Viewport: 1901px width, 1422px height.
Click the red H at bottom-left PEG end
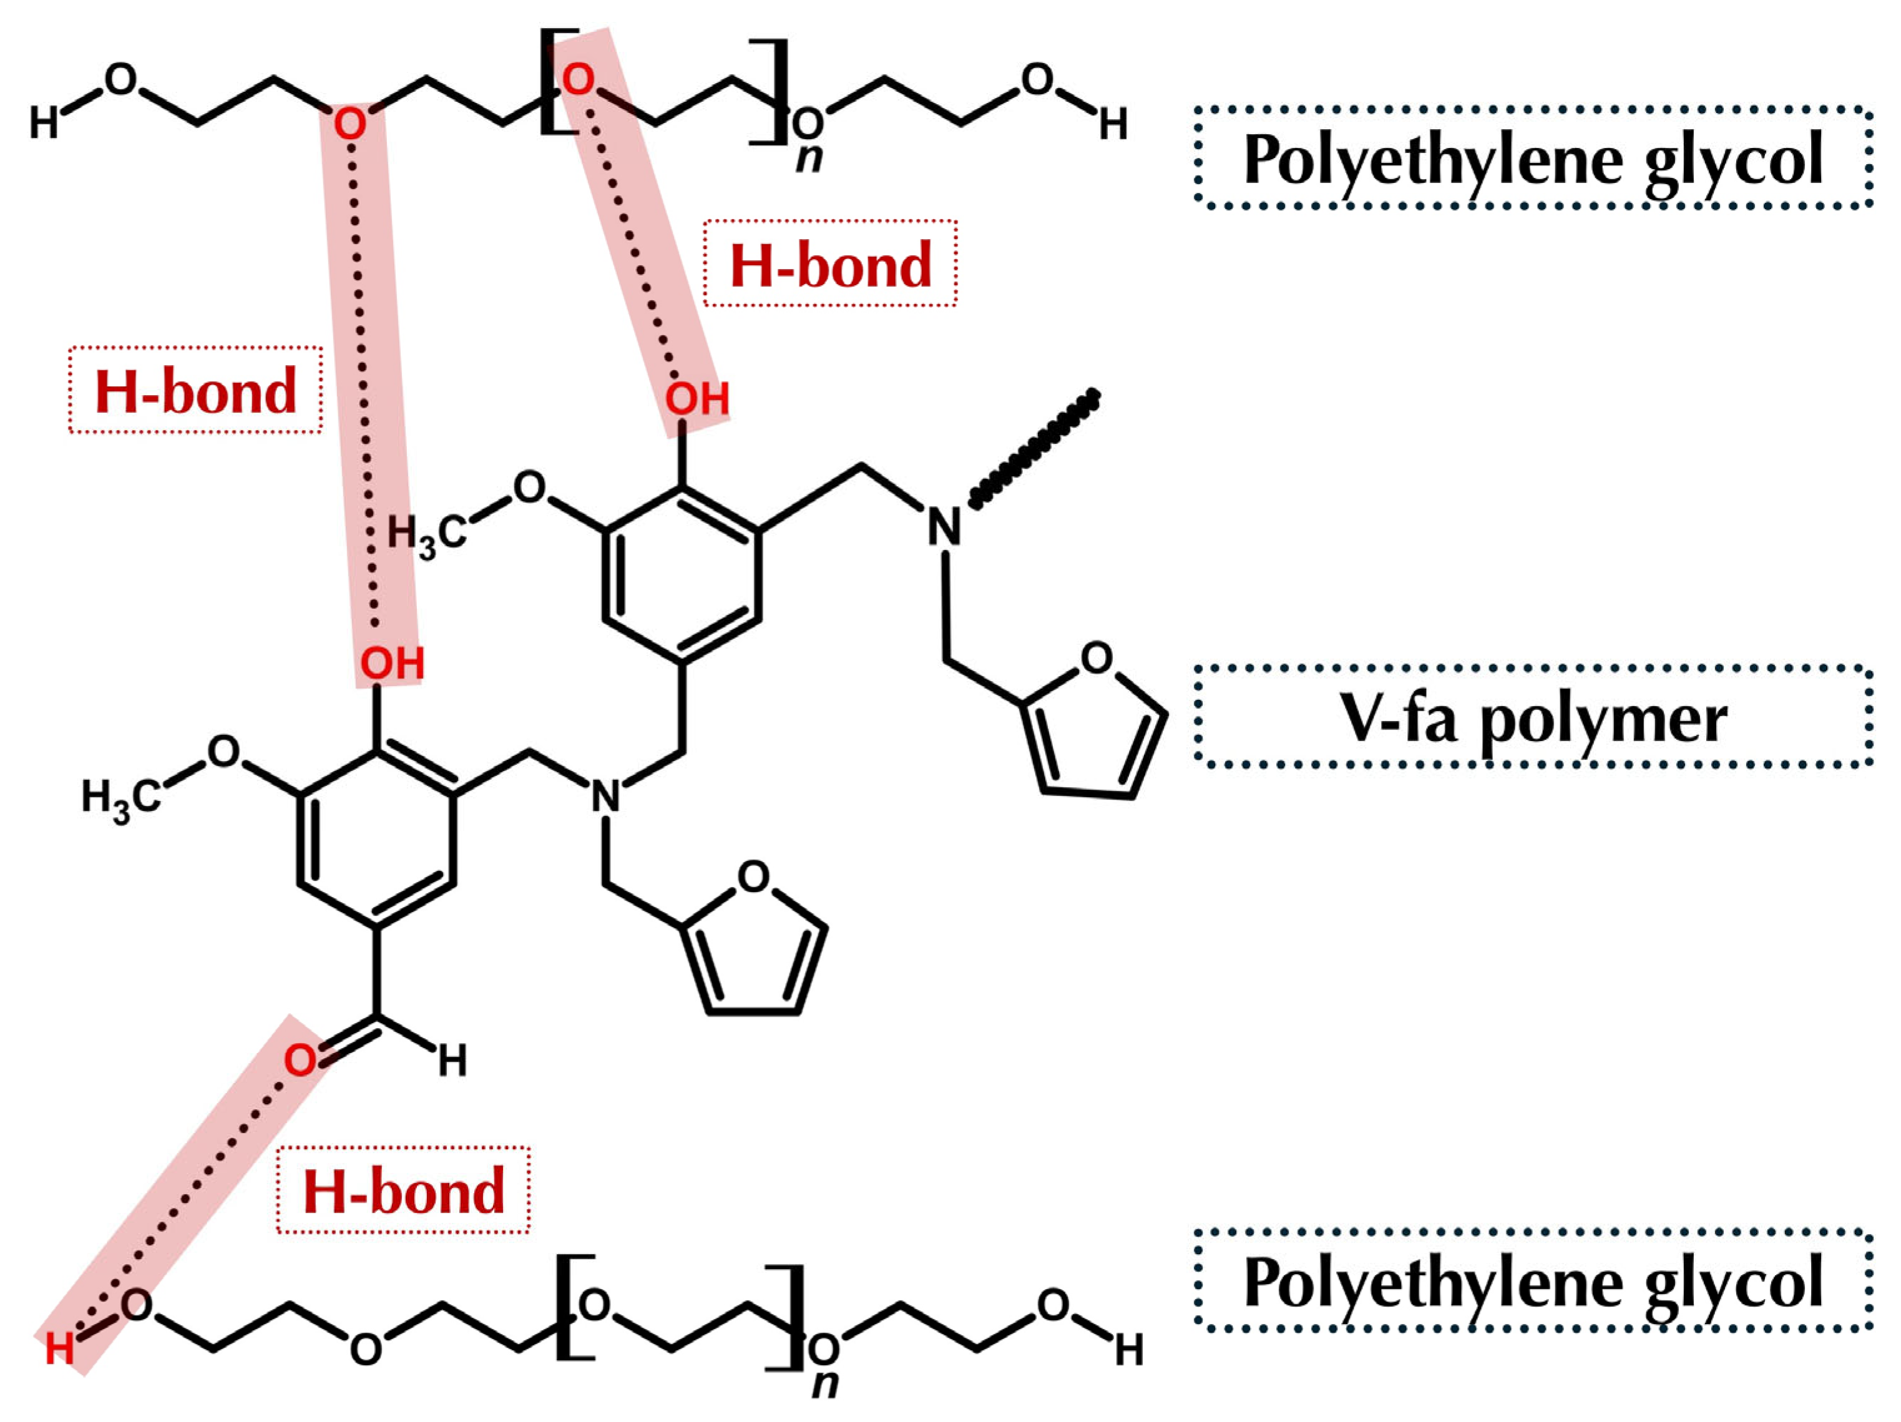59,1349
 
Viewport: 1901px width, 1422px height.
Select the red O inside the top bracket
579,80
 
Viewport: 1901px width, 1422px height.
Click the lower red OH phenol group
392,664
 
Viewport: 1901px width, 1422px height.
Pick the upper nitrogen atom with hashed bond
944,526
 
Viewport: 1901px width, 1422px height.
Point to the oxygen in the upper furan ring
1097,658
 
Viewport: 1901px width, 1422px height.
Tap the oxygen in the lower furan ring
754,876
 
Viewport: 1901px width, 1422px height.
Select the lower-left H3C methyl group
120,798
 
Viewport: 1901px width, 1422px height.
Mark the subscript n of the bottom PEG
825,1384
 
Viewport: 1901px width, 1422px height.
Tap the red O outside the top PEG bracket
349,124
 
